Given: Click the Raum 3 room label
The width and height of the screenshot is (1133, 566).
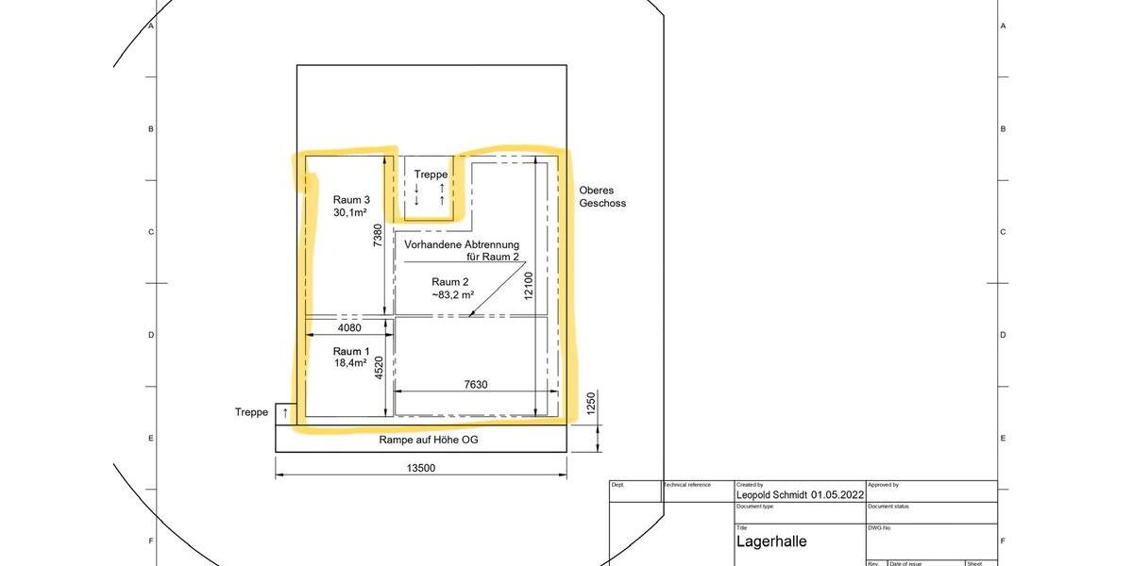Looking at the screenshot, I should point(351,199).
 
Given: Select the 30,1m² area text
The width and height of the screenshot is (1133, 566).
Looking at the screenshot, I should point(351,213).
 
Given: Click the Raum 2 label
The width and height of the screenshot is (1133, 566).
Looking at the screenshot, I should point(450,282).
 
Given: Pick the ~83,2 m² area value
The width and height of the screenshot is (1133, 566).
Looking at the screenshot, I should point(452,295).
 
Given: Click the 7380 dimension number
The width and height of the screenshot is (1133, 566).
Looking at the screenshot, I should point(378,235).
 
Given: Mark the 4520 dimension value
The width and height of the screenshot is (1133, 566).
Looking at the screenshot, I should point(378,368).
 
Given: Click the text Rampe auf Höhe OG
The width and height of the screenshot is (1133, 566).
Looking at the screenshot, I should point(422,441).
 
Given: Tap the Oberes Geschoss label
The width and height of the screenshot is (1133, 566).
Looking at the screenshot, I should point(602,196).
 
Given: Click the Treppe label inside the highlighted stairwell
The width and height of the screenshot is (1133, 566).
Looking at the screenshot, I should point(431,175).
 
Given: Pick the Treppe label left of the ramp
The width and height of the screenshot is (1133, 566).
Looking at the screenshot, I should point(251,412).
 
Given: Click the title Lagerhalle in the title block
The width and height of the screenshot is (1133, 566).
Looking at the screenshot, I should point(771,541).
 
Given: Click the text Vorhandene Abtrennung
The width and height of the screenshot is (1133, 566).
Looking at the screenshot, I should point(462,244).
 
